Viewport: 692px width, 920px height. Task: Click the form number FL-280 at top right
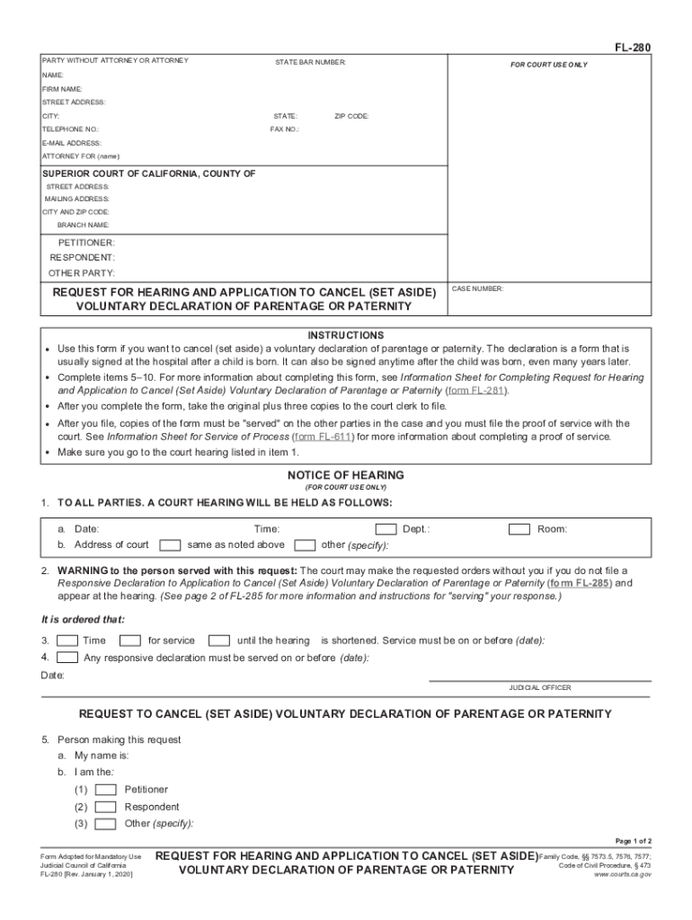634,47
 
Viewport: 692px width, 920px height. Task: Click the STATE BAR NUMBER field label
310,62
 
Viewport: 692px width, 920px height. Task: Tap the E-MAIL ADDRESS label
72,143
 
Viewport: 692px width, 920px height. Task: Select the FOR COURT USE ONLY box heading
549,66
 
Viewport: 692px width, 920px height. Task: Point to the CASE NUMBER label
478,289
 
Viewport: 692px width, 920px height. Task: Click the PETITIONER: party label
86,243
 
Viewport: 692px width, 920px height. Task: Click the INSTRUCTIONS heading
346,334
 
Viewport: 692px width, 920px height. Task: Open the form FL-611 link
324,437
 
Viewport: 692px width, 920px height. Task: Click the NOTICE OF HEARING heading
346,475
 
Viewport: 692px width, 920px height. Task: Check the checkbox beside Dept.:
386,529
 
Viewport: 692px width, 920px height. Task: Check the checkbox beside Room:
519,529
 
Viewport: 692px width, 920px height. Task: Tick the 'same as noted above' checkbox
169,544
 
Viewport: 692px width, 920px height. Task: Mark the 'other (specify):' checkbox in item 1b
306,544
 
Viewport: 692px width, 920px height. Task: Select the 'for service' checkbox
130,641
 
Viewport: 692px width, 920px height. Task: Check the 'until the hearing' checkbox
218,641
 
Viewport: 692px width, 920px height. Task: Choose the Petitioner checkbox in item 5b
105,790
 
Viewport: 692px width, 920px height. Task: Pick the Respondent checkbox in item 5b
105,807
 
